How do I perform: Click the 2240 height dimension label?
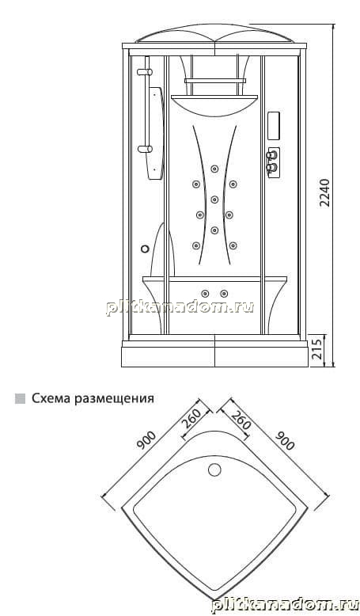pos(324,193)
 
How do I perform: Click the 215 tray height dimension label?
pos(316,348)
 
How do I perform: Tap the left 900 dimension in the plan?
pos(146,440)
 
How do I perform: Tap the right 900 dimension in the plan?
pos(285,440)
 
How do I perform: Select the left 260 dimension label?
pos(191,418)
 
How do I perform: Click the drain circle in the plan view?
pos(214,470)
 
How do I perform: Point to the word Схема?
pos(51,398)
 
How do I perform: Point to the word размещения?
pos(114,399)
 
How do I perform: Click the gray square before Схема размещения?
pos(20,398)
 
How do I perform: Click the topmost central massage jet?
pos(214,169)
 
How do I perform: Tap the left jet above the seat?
pos(205,294)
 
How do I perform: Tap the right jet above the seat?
pos(224,294)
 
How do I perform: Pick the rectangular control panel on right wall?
pos(274,126)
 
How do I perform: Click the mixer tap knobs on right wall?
pos(273,162)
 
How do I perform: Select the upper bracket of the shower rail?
pos(145,72)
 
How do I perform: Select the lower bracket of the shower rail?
pos(145,149)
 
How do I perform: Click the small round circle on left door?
pos(145,249)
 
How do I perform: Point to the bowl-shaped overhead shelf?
pos(214,105)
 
